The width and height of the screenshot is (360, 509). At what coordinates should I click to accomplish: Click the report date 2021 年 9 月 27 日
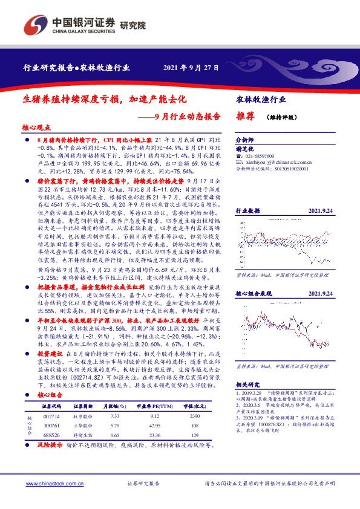point(191,68)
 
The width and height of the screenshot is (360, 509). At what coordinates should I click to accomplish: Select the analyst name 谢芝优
point(244,147)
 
